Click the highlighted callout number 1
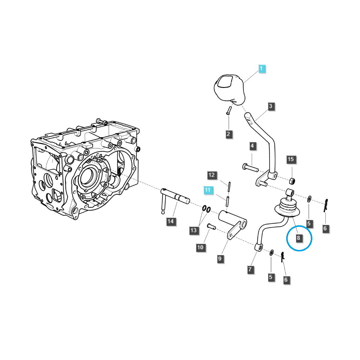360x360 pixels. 261,69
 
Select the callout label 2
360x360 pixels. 228,134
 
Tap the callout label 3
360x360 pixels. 271,106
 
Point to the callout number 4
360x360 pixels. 252,146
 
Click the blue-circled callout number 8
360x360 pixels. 298,238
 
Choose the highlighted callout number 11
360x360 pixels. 208,190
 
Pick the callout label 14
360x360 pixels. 170,221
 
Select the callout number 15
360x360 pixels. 291,159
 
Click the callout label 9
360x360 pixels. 220,258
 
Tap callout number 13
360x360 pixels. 193,230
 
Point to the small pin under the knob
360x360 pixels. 228,111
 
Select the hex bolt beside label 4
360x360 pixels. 250,168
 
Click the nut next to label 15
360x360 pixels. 292,181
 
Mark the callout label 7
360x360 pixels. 250,269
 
